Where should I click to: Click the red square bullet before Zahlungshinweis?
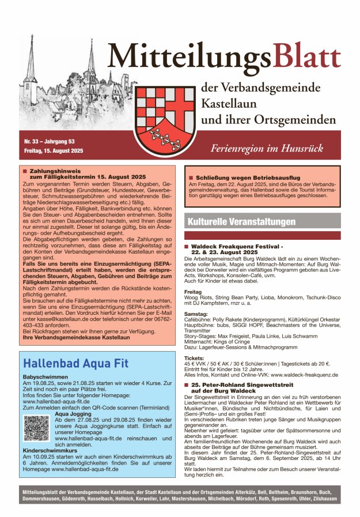[x=24, y=171]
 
